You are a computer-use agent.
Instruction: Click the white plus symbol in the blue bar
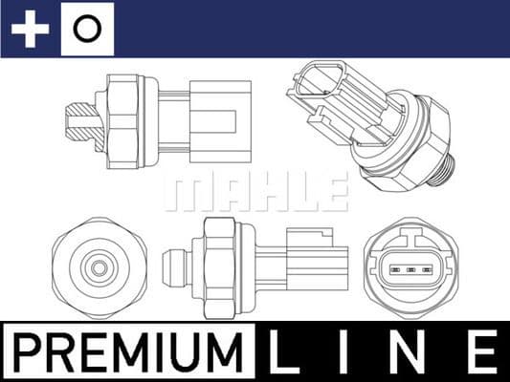[30, 29]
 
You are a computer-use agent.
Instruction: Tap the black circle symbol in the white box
[86, 29]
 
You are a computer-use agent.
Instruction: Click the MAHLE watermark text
[255, 192]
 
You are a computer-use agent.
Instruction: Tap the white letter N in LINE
[412, 351]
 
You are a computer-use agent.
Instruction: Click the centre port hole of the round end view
[96, 267]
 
